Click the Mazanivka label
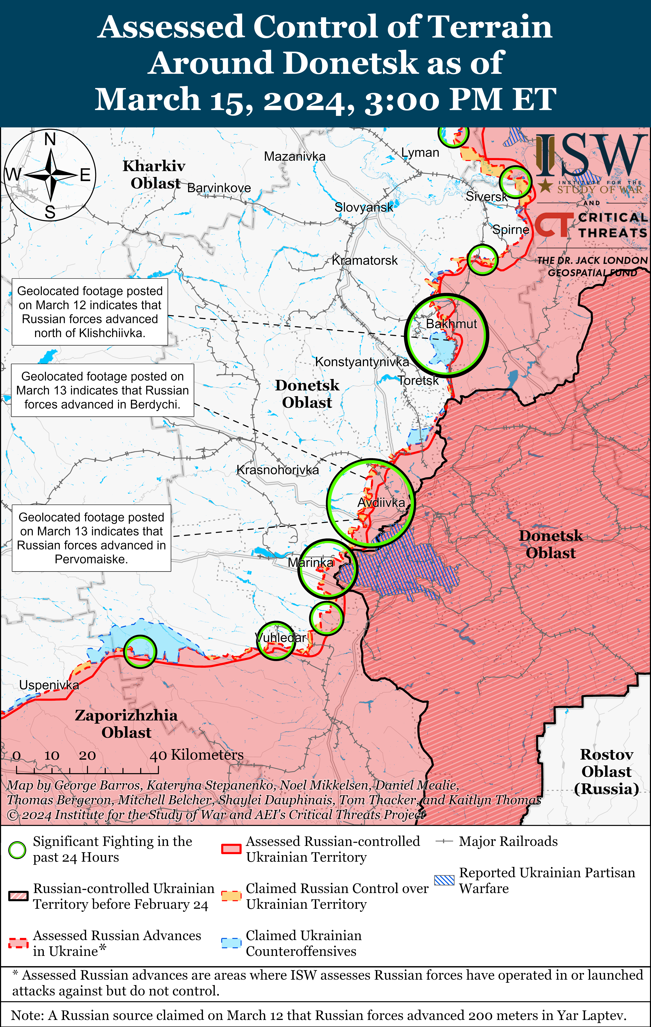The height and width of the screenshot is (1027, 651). coord(295,157)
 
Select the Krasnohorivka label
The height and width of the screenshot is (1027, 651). coord(278,470)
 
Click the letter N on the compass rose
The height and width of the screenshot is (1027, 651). coord(50,139)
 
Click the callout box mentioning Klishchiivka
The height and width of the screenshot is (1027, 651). coord(90,312)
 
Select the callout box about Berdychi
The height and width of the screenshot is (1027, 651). coord(102,390)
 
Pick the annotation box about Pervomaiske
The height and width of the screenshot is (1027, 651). coord(91,538)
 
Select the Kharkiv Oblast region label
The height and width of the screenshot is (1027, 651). coord(154,174)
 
